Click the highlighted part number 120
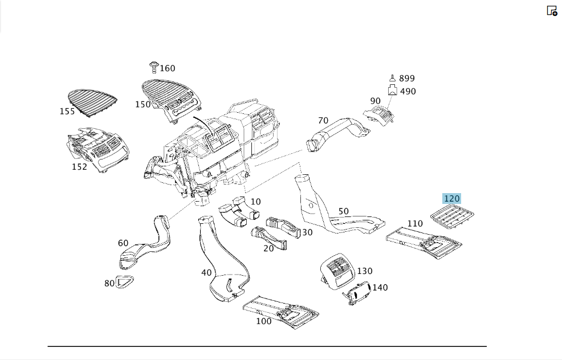tap(451, 198)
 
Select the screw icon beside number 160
tap(154, 67)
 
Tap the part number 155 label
tap(67, 112)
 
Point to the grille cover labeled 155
tap(92, 102)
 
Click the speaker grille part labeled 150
tap(172, 100)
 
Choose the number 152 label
tap(79, 167)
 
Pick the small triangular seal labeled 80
tap(124, 283)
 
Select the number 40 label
tap(206, 273)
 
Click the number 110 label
tap(415, 223)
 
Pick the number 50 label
tap(343, 211)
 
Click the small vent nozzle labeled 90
tap(379, 115)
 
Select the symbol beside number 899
tap(393, 78)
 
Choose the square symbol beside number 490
tap(393, 90)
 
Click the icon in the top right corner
tap(552, 11)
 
